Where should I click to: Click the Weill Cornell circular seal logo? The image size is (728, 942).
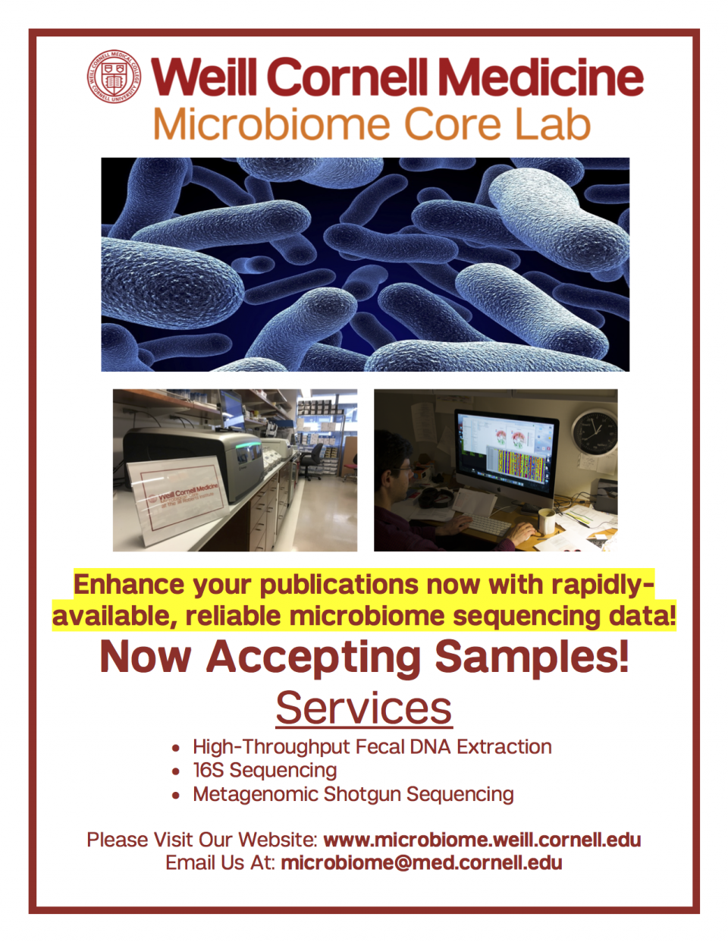click(x=114, y=77)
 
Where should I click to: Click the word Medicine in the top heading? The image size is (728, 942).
click(x=541, y=77)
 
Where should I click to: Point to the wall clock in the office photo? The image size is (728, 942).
click(x=594, y=432)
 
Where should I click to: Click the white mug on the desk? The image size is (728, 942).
click(x=548, y=522)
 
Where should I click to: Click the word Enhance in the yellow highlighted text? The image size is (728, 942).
click(x=129, y=585)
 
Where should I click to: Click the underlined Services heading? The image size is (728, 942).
click(x=364, y=708)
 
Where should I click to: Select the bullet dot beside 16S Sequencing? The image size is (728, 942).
click(x=175, y=771)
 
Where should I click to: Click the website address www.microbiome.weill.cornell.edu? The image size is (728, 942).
click(x=482, y=840)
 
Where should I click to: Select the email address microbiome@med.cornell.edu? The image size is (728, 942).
click(x=422, y=862)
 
